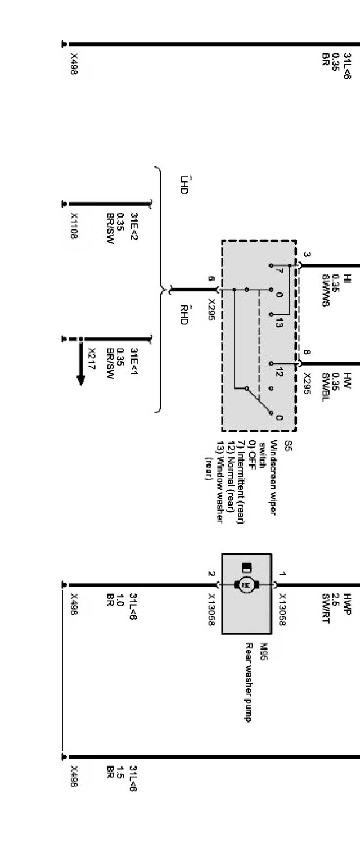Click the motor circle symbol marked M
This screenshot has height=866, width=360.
(x=245, y=585)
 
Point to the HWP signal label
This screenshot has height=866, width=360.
(x=348, y=603)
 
